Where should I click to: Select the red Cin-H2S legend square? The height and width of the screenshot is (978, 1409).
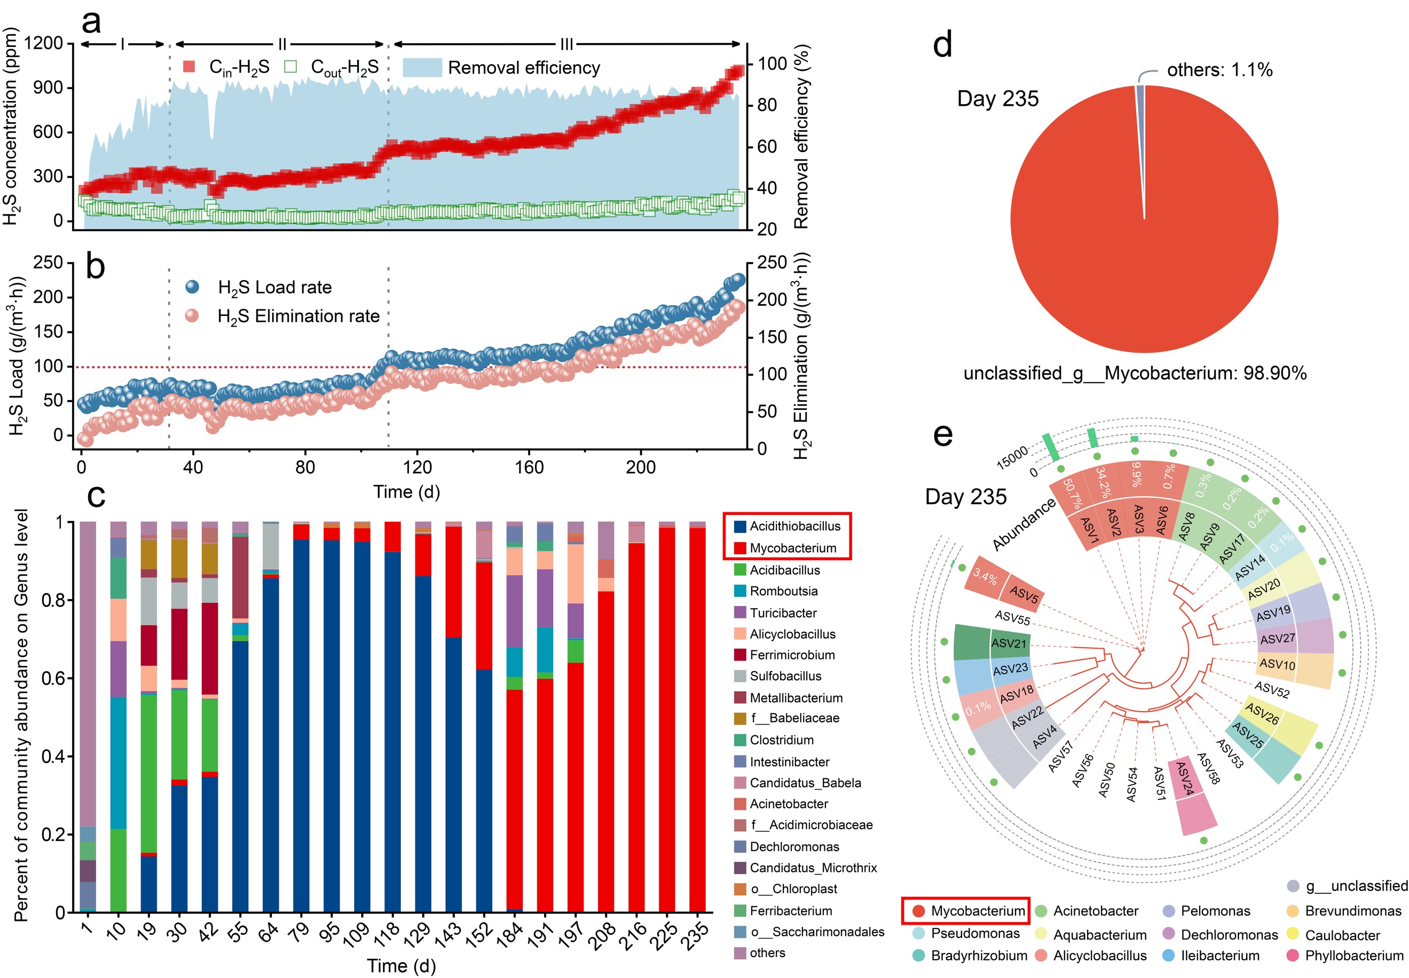[x=190, y=66]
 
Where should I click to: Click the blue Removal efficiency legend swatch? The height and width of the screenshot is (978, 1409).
[x=422, y=67]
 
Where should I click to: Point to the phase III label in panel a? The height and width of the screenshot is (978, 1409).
[x=566, y=44]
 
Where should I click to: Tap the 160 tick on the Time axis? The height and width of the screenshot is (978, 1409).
[x=529, y=467]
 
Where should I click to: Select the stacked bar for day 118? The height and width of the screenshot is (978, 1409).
[x=392, y=717]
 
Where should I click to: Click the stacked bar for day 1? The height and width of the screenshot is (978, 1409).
[x=88, y=717]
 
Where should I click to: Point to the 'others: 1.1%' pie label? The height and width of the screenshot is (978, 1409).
[x=1219, y=70]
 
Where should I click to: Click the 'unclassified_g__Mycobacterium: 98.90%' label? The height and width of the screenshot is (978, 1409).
[x=1135, y=373]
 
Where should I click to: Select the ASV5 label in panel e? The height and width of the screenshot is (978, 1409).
[x=1024, y=594]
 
